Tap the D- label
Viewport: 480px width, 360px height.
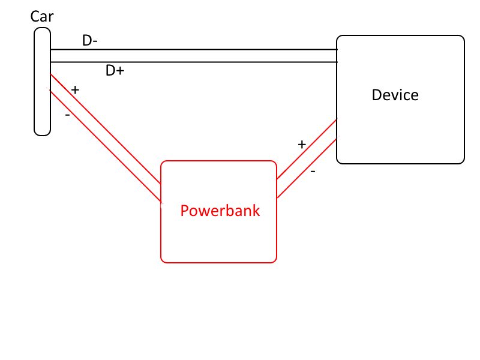[90, 41]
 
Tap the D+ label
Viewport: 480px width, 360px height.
[115, 71]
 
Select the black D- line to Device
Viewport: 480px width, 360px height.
[192, 49]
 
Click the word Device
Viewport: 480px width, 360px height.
[395, 95]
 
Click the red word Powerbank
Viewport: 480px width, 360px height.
[220, 211]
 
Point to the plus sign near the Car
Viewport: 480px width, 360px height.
[75, 90]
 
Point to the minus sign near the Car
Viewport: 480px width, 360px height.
[67, 114]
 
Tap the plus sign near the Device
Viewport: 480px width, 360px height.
[302, 145]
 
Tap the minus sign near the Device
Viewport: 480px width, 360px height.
[313, 171]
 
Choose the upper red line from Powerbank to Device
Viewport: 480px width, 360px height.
[306, 149]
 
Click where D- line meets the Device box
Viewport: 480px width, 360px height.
[337, 49]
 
